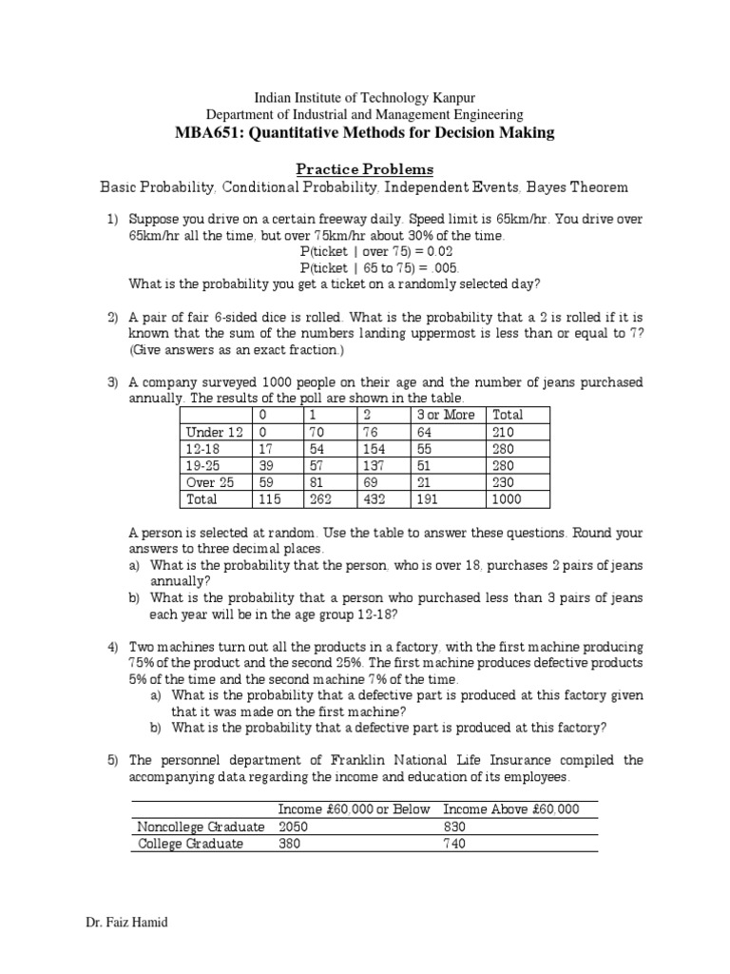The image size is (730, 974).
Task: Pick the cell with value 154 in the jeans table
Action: (x=377, y=448)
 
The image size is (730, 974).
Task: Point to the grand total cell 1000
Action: (x=507, y=499)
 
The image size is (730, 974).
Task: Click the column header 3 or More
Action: (x=445, y=415)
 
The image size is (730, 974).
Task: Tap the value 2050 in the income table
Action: (x=294, y=826)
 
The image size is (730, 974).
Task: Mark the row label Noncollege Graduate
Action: (x=201, y=826)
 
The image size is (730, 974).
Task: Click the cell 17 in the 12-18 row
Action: (x=265, y=448)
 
